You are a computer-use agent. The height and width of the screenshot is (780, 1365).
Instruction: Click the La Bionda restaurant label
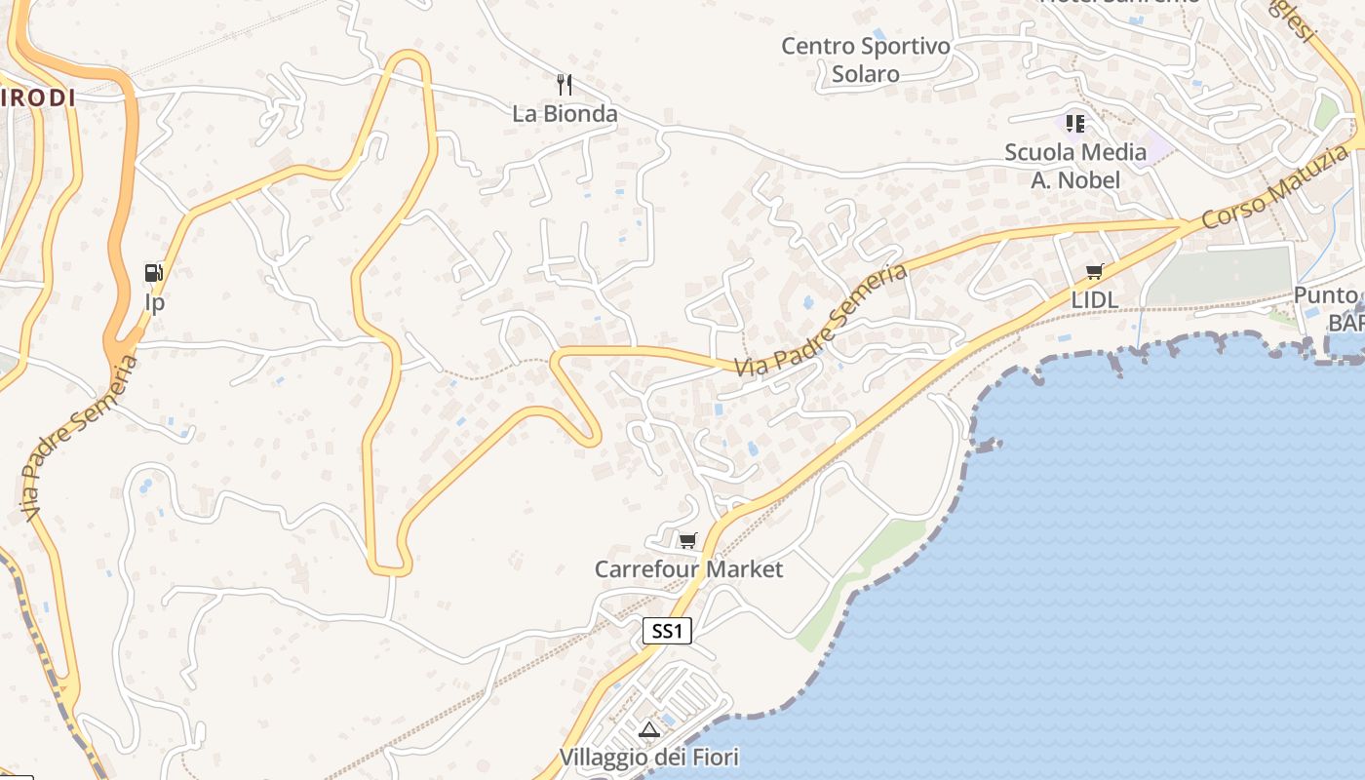pos(565,114)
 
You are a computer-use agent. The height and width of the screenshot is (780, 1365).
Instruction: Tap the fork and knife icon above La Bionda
pos(564,85)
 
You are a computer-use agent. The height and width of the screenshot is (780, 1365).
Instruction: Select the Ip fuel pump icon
pos(154,273)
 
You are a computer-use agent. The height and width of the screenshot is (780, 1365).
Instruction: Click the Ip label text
pos(154,302)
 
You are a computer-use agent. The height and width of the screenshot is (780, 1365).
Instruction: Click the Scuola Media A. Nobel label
pos(1075,166)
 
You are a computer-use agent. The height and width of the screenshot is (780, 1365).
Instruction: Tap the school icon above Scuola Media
pos(1075,124)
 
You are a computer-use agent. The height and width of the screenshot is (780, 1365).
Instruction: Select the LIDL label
pos(1095,300)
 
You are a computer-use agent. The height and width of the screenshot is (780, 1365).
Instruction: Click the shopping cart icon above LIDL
pos(1095,272)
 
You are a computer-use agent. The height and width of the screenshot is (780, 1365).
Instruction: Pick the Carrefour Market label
pos(688,568)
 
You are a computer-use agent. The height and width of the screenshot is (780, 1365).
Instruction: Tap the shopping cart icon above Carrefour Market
pos(688,540)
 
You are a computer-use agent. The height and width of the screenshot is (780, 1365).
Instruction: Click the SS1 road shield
pos(667,631)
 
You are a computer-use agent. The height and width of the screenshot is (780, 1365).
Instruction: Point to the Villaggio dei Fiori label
pos(648,757)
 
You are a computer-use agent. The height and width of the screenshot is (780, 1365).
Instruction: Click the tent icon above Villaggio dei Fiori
pos(648,728)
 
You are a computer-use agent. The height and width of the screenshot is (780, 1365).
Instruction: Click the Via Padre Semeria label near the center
pos(820,321)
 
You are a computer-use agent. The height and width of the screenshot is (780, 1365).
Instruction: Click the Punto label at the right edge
pos(1326,294)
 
